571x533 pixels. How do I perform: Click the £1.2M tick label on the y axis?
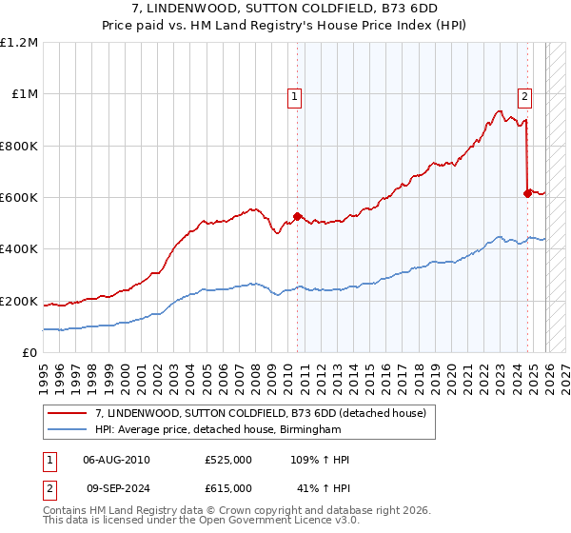pyautogui.click(x=19, y=43)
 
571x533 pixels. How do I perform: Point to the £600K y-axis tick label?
pyautogui.click(x=19, y=198)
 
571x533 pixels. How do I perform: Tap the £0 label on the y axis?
pyautogui.click(x=30, y=353)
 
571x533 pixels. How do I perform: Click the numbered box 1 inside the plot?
pyautogui.click(x=295, y=95)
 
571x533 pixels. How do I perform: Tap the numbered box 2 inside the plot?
pyautogui.click(x=524, y=95)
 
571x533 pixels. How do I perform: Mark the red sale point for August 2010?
pyautogui.click(x=297, y=216)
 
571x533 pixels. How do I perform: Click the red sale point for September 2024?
pyautogui.click(x=527, y=193)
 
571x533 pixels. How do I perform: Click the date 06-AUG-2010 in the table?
pyautogui.click(x=117, y=460)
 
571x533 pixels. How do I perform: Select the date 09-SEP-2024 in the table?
pyautogui.click(x=117, y=487)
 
